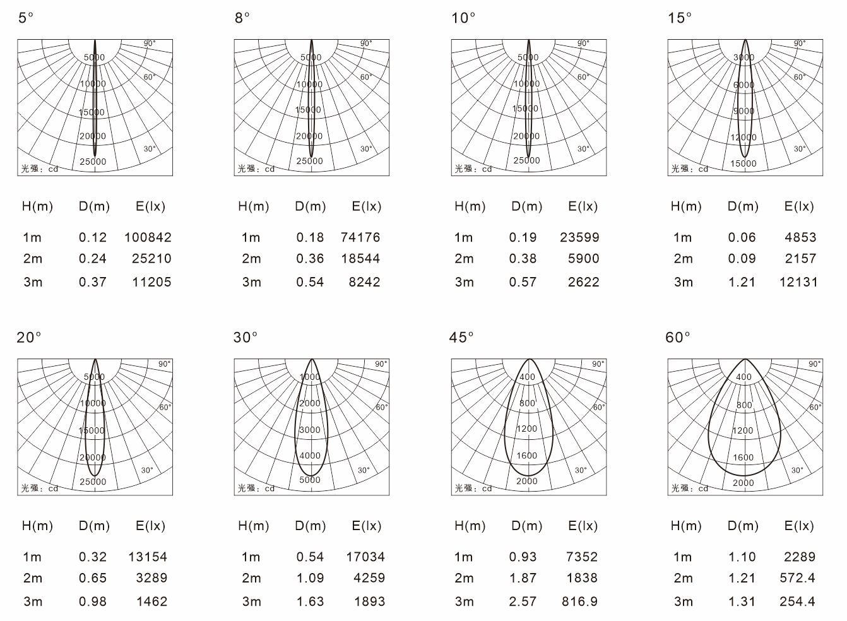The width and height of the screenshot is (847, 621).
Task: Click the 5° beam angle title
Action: [26, 18]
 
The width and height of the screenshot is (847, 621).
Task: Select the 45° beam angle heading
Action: [461, 338]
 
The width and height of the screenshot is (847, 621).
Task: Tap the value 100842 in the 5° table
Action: [148, 237]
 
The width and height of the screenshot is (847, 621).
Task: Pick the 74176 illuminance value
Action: [360, 237]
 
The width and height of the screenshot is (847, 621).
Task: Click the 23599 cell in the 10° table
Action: [579, 237]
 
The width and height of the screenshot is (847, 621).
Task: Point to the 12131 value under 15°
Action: [798, 282]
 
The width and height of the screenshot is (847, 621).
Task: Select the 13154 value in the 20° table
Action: [148, 557]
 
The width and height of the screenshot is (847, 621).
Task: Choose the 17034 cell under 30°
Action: [365, 557]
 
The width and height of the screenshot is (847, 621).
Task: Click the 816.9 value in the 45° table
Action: [579, 601]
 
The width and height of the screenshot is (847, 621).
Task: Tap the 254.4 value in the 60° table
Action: [797, 601]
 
